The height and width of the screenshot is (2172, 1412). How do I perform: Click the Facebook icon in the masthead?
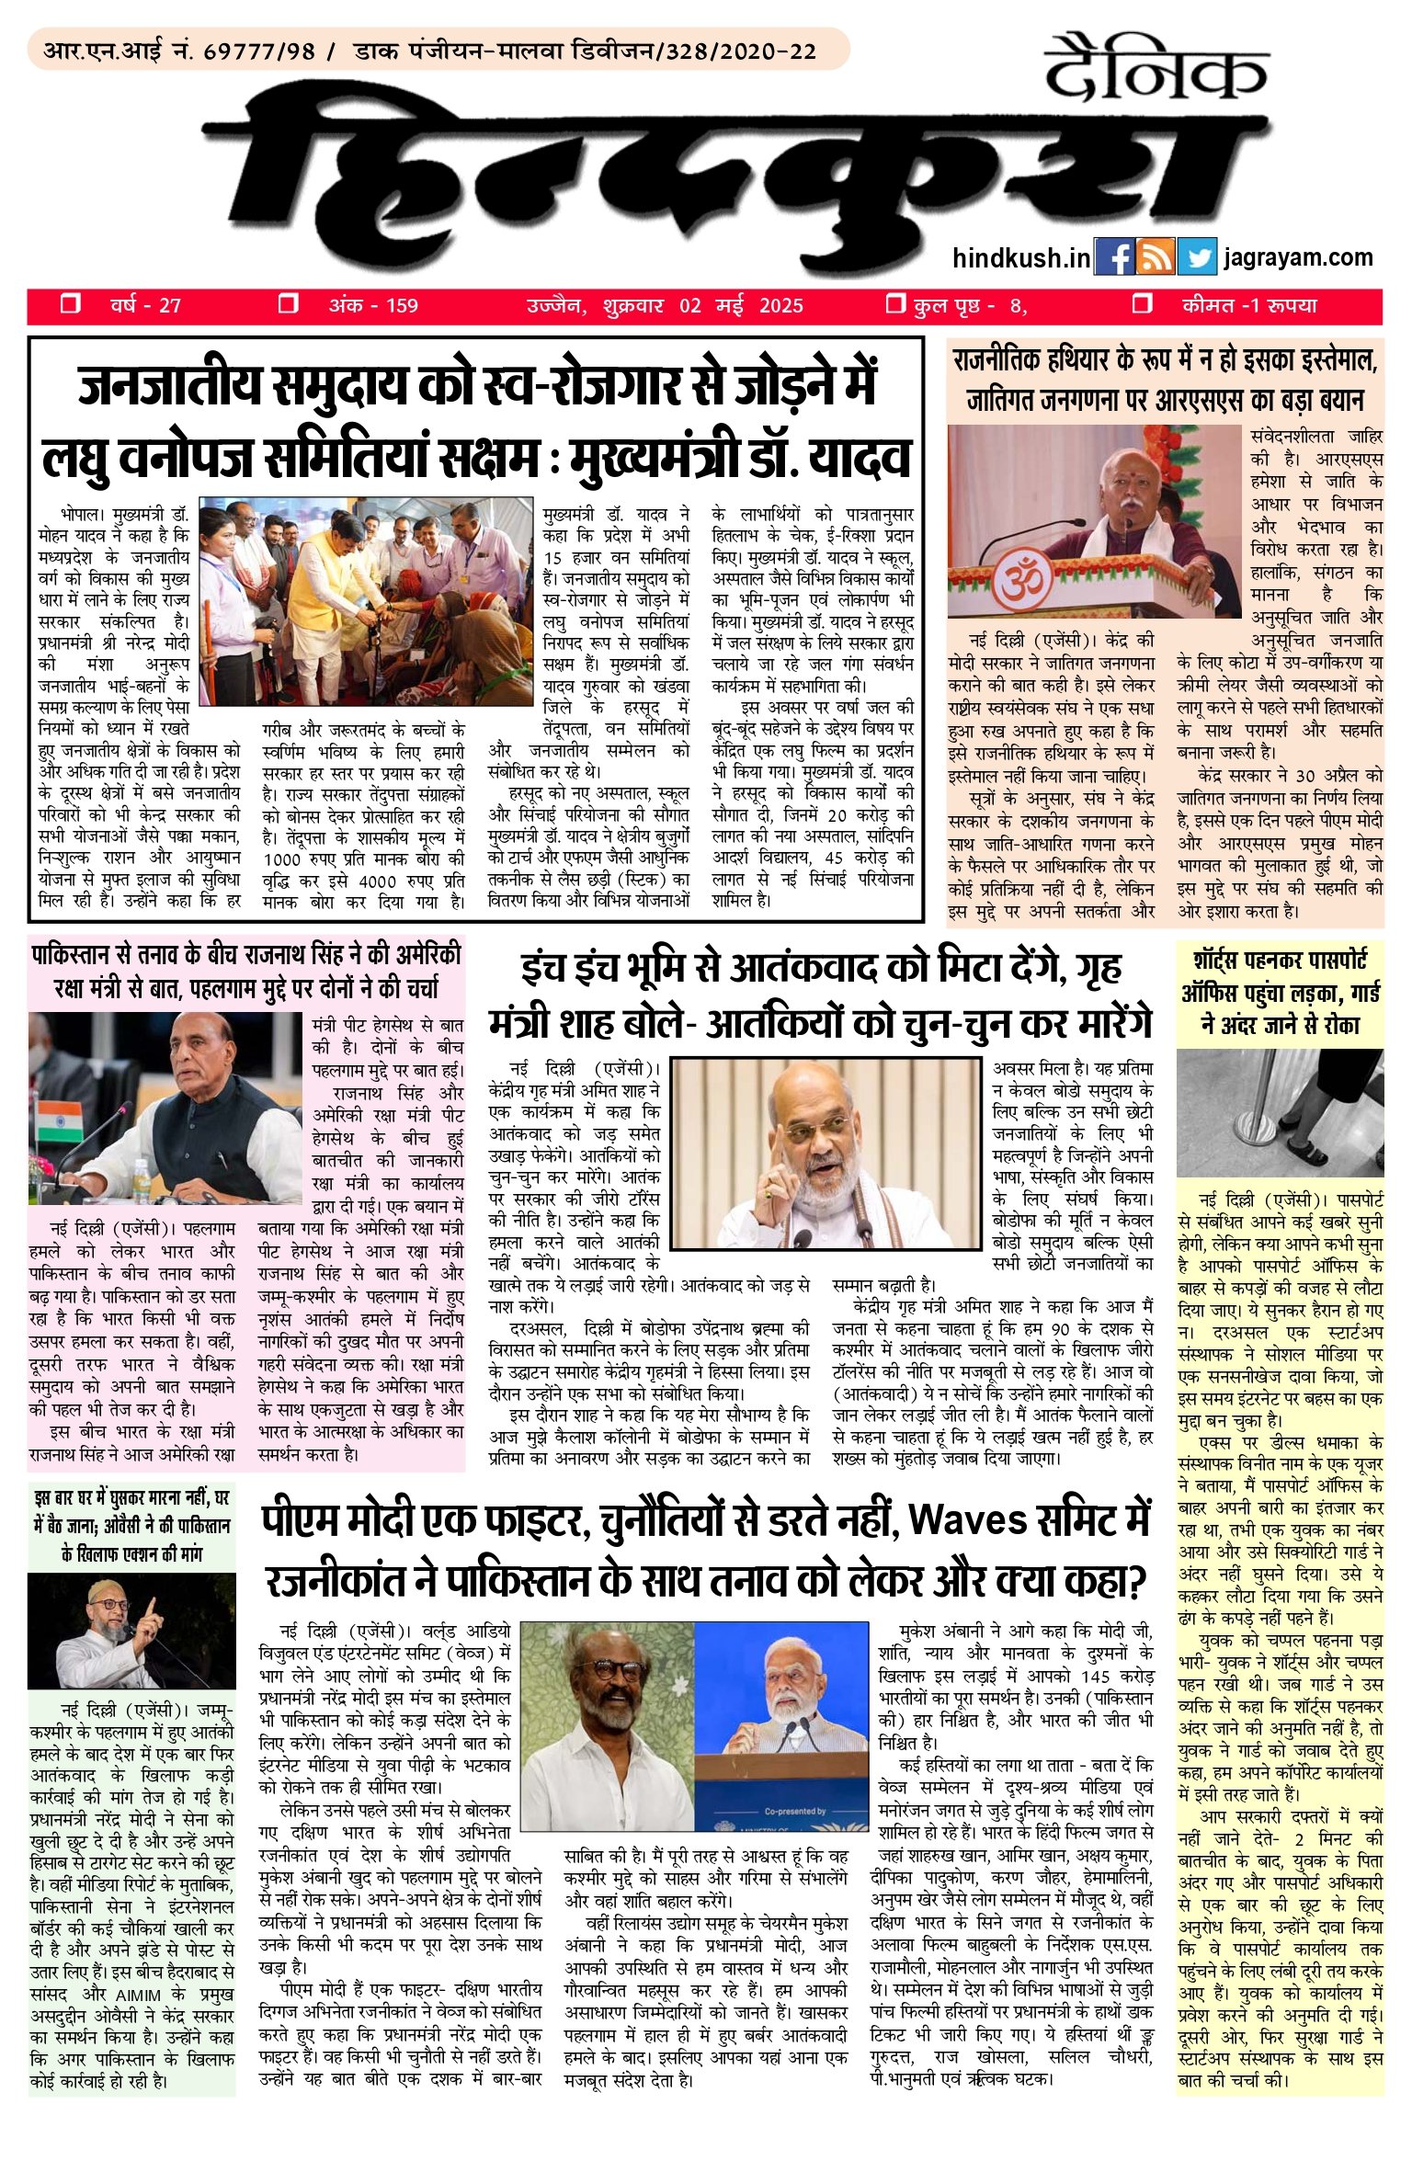tap(1114, 257)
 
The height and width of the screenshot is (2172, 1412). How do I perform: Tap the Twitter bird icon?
tap(1196, 257)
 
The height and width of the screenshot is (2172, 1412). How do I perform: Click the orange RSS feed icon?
tap(1156, 257)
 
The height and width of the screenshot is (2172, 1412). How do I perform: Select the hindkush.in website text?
tap(1020, 258)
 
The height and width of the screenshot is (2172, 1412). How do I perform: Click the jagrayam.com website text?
tap(1298, 257)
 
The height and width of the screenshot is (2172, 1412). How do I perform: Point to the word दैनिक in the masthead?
tap(1156, 67)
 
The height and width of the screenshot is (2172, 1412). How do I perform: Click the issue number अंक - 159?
tap(372, 305)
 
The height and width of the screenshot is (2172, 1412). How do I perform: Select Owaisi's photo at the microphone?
tap(131, 1632)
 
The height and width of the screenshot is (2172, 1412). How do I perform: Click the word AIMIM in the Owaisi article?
tap(139, 1996)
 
